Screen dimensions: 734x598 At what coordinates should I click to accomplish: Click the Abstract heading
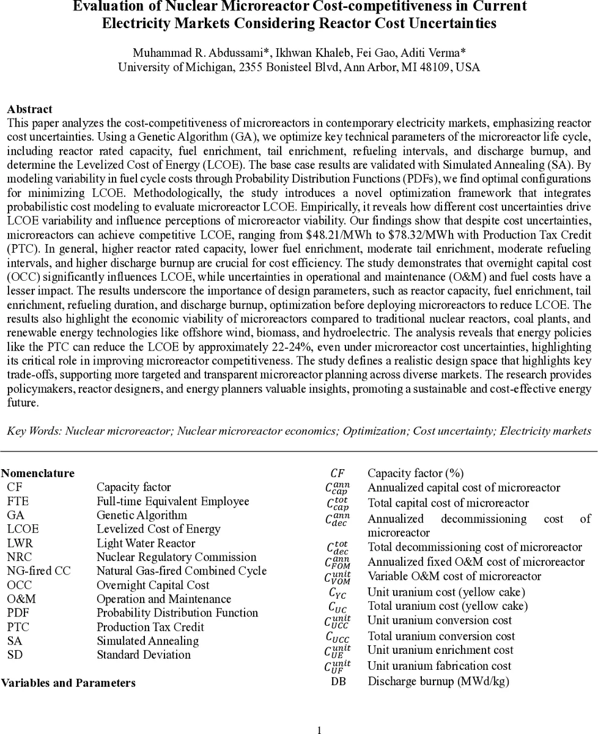pos(29,109)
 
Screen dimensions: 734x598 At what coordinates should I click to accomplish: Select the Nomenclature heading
pos(38,473)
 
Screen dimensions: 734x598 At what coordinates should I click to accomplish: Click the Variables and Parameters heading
pos(68,683)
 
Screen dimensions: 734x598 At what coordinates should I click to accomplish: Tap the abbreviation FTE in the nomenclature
pos(18,501)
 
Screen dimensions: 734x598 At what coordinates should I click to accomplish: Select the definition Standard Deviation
pos(144,654)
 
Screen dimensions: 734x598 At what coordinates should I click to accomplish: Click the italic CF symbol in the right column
pos(338,473)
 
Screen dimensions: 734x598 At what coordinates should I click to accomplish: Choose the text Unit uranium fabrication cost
pos(439,665)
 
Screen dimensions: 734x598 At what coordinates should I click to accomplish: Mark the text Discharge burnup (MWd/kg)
pos(438,681)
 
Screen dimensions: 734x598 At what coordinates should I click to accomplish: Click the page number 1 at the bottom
pos(319,729)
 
